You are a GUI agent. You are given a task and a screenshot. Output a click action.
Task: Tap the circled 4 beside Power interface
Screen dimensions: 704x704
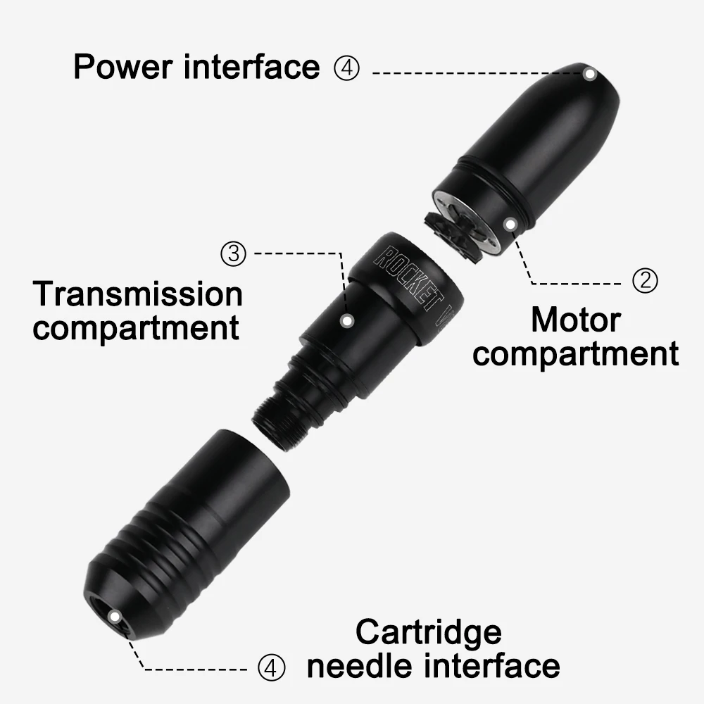click(346, 69)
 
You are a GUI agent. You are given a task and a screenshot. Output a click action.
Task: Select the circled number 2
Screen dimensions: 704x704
click(645, 282)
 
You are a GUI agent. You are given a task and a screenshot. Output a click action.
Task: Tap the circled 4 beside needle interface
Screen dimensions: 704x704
click(272, 667)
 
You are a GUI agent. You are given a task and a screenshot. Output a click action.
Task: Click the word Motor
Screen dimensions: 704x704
click(575, 320)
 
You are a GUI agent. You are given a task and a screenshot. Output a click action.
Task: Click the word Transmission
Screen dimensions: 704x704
click(138, 294)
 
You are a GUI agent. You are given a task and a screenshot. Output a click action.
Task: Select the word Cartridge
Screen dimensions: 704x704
click(428, 631)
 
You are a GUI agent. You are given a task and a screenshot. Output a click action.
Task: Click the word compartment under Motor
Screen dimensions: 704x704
click(575, 353)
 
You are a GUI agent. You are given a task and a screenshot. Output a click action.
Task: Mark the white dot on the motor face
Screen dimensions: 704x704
click(509, 223)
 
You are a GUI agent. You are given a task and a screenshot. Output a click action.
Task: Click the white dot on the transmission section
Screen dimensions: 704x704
click(346, 320)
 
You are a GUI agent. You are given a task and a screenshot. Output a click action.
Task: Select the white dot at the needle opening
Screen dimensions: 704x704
click(114, 616)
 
